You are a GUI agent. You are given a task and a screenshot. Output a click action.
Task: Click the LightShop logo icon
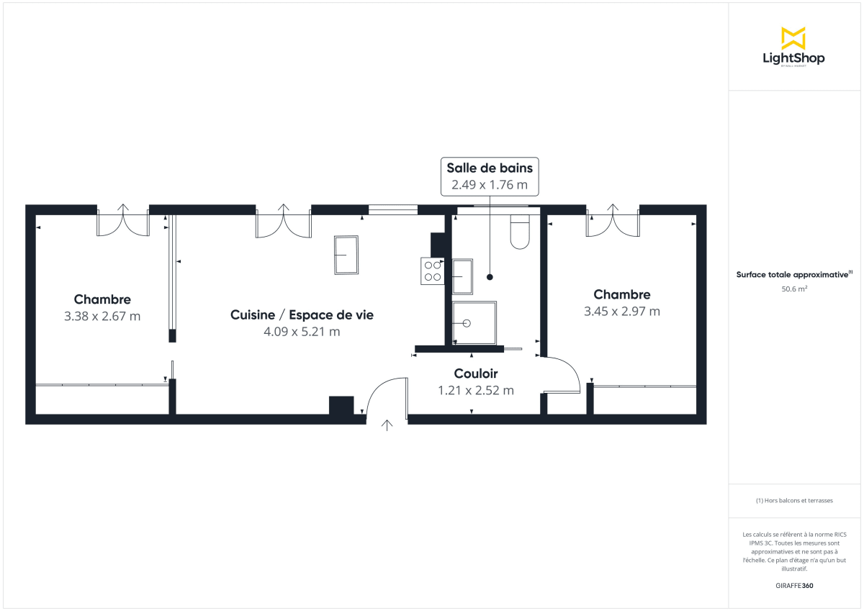click(793, 38)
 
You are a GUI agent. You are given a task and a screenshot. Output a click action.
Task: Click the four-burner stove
click(433, 271)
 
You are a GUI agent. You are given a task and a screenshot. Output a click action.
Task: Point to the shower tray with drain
click(474, 323)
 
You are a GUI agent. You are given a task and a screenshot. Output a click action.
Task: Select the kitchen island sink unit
click(346, 255)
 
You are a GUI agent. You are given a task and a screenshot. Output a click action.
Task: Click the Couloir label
click(476, 374)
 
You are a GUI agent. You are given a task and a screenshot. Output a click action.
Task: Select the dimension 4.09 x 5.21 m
click(302, 332)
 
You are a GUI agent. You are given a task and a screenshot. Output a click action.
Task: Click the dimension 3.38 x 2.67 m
click(102, 316)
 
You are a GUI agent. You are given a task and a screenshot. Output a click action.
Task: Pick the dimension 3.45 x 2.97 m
click(622, 312)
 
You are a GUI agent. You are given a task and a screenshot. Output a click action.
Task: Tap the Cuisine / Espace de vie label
click(302, 315)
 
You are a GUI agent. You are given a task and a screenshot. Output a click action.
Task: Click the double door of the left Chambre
click(123, 222)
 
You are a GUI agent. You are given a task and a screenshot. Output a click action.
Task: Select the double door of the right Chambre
click(613, 222)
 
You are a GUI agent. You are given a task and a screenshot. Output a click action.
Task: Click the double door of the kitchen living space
click(283, 222)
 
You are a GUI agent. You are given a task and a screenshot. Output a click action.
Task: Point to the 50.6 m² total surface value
click(793, 289)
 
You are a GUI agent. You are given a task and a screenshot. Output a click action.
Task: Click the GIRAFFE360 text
click(793, 585)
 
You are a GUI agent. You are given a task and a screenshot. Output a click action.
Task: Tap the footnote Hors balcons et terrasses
click(794, 500)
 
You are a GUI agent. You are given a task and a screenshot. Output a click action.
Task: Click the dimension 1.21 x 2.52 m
click(476, 391)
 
